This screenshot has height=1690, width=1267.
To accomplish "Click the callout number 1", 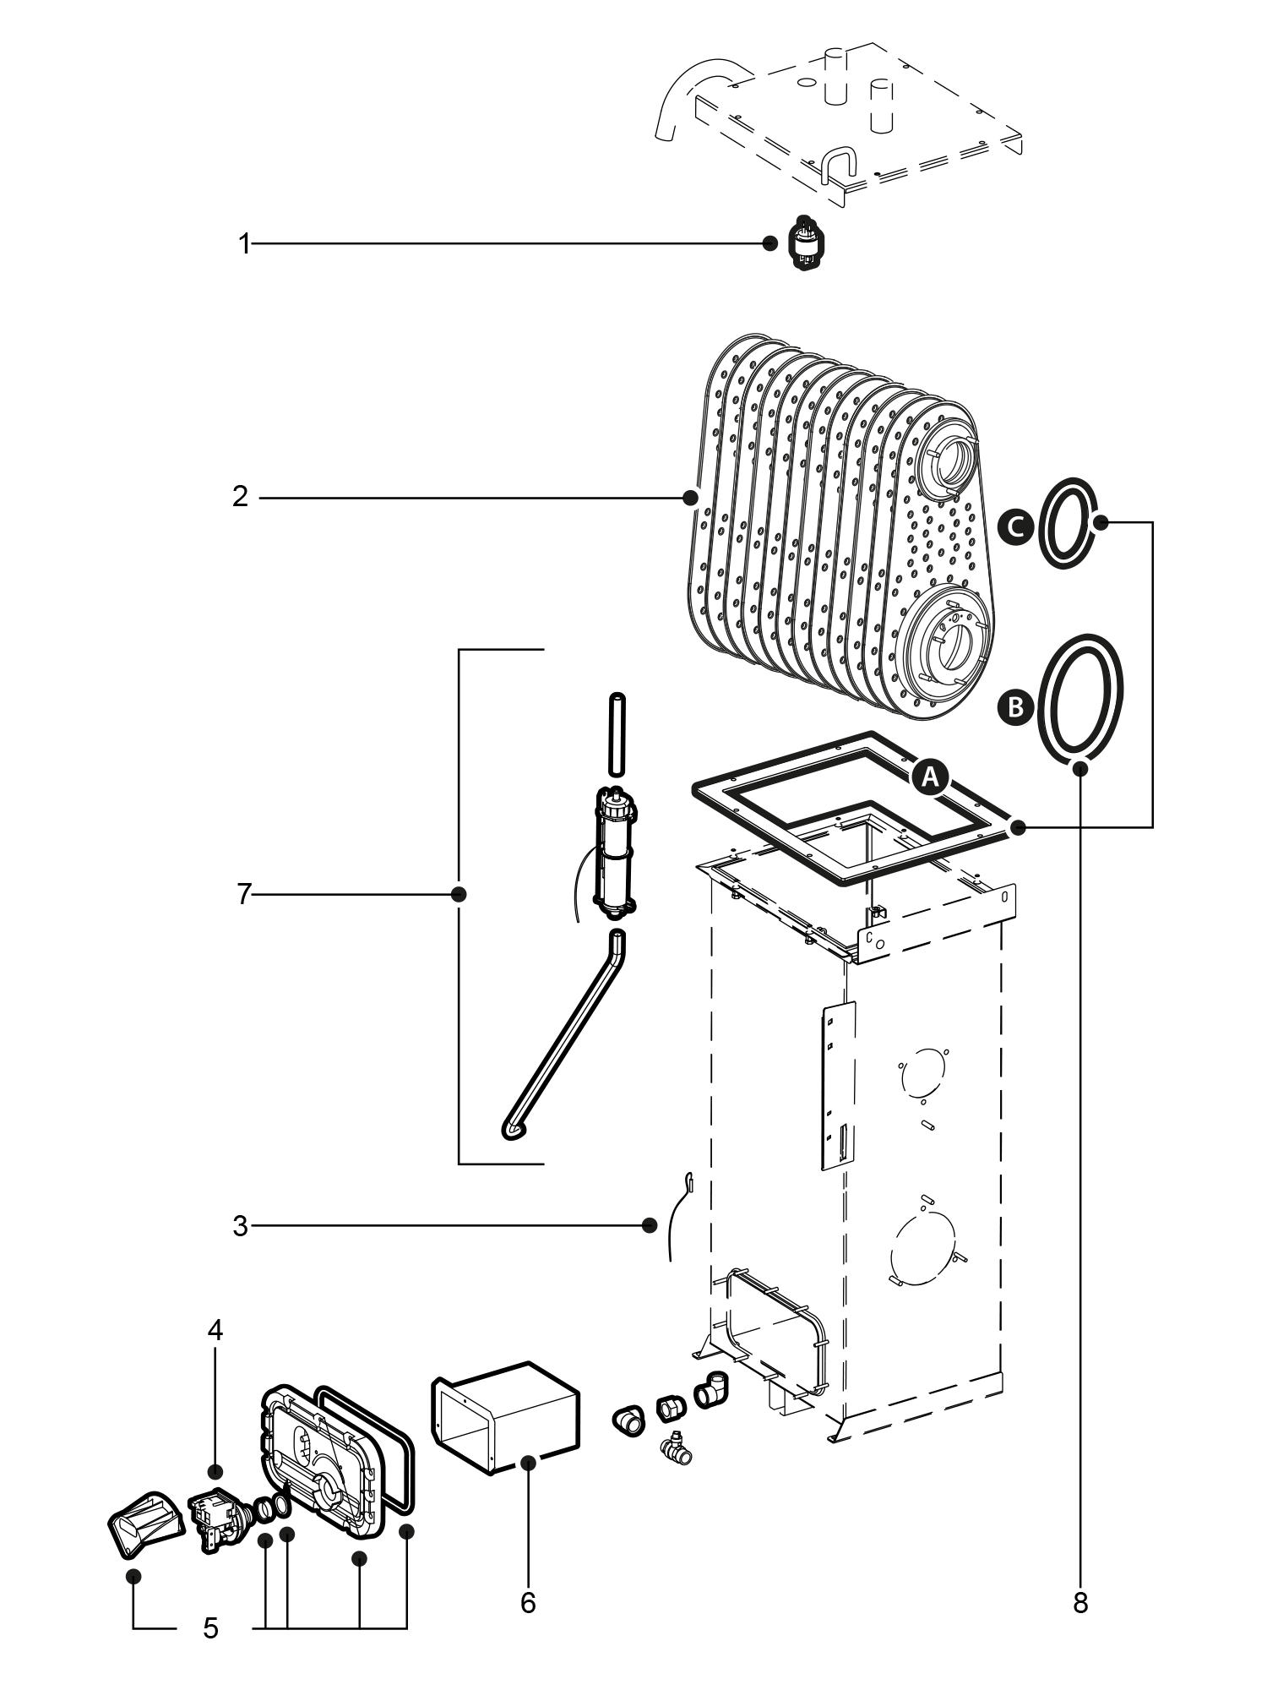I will (x=244, y=245).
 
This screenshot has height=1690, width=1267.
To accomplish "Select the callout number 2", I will (x=241, y=497).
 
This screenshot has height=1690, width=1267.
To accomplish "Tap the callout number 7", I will (x=244, y=893).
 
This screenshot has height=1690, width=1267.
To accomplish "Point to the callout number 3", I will (x=241, y=1226).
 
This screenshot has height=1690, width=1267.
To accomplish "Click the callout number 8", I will (x=1080, y=1603).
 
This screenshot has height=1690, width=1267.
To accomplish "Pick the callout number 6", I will (x=528, y=1603).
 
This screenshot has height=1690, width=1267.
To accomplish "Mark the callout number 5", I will (x=210, y=1627).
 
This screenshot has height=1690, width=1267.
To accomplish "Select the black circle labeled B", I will (x=1015, y=706).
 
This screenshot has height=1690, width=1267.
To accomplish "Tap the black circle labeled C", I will (x=1015, y=526).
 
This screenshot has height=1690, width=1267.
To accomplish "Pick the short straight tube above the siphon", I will (x=617, y=733).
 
